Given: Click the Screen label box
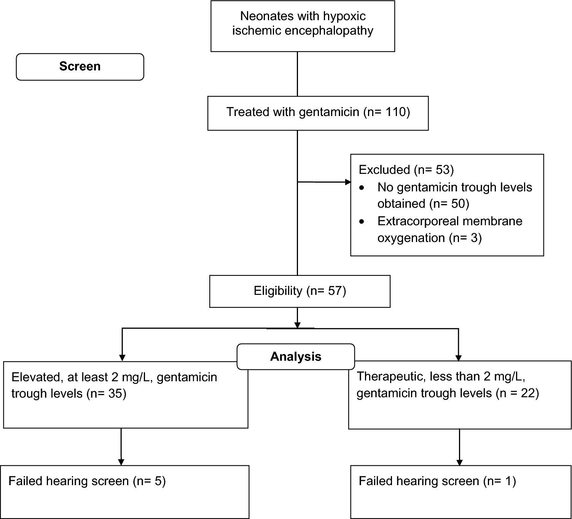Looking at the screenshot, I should [x=80, y=67].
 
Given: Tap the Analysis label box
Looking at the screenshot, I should [x=296, y=357].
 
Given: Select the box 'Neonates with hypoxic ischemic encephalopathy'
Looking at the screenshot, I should [x=303, y=26].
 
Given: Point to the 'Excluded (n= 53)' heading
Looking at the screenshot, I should [x=406, y=170].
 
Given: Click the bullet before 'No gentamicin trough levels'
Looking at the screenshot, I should [x=362, y=188].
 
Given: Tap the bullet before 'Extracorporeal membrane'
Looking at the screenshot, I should [x=362, y=221].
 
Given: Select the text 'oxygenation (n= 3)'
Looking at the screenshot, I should [x=429, y=238].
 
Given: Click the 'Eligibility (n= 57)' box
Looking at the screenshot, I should [x=300, y=291].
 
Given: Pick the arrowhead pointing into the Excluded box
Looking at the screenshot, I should [x=347, y=182].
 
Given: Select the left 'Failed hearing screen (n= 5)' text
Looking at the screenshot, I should [x=87, y=481].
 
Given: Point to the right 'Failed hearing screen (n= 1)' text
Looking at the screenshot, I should [x=437, y=481].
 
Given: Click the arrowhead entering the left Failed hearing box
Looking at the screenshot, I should [x=121, y=462].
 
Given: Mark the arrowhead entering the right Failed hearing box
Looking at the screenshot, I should [x=459, y=463].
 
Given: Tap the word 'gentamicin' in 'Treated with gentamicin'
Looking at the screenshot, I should [x=329, y=112].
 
